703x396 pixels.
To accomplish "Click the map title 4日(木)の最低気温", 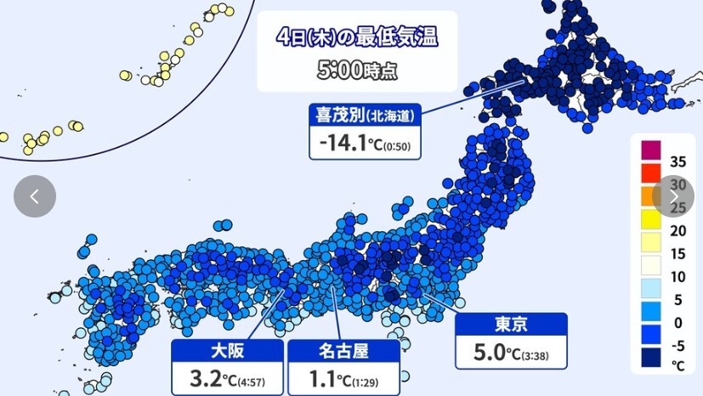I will [x=357, y=37].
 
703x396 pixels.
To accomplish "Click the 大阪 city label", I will [x=225, y=349].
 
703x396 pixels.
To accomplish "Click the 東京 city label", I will [x=511, y=324].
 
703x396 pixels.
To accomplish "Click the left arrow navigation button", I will [x=35, y=196].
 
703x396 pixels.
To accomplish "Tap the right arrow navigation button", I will [x=673, y=196].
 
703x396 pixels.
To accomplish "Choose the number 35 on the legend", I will [x=677, y=161].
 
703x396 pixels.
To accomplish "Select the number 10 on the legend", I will [x=677, y=276].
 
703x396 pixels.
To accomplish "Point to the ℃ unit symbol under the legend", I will [x=677, y=365].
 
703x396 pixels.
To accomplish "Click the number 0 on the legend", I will [x=677, y=323].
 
